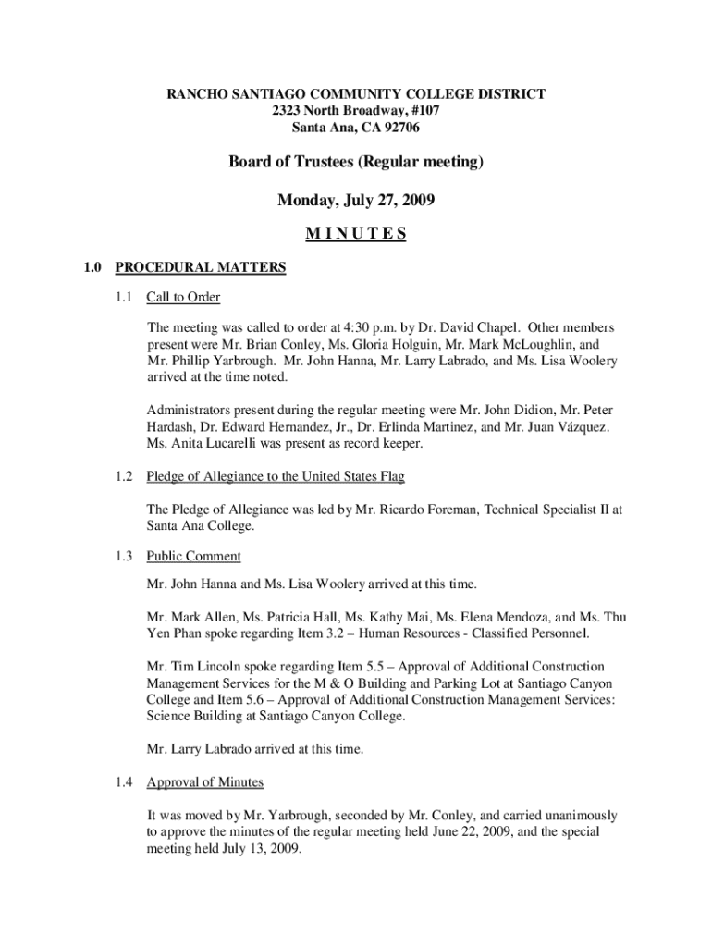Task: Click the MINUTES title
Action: click(356, 234)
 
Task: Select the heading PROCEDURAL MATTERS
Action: click(200, 268)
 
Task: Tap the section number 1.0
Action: click(92, 268)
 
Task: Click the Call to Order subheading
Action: click(183, 298)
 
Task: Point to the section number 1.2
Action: click(125, 476)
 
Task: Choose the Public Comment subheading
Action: click(194, 557)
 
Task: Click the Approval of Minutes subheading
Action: click(205, 782)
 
